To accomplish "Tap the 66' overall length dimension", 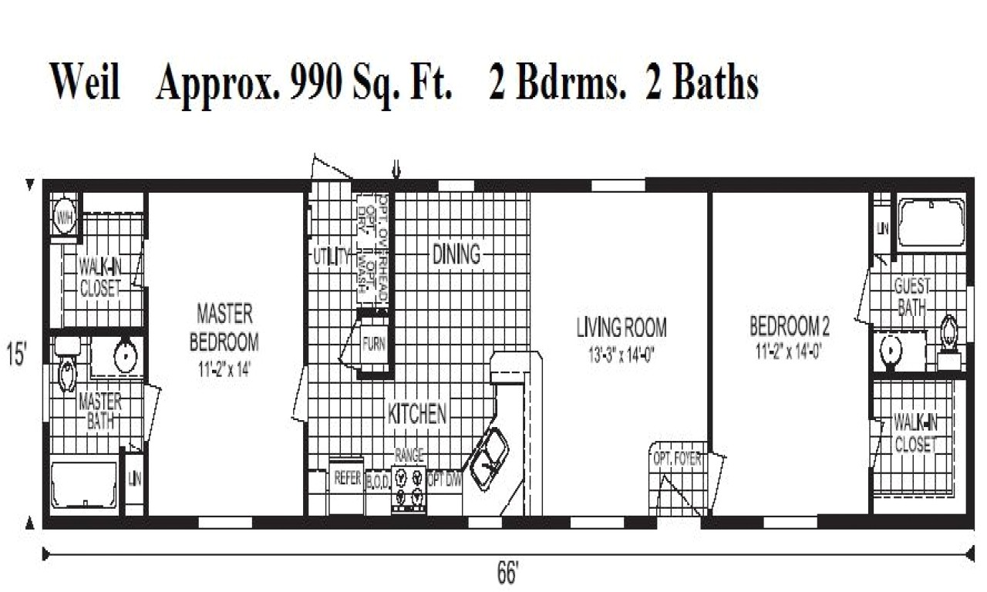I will (507, 574).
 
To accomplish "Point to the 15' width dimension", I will (17, 357).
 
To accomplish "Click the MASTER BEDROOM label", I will (224, 327).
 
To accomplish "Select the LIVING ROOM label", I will (622, 328).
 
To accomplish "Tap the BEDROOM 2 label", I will (790, 328).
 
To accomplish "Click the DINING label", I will (456, 254).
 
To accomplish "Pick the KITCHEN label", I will (416, 414).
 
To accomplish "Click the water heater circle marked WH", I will (64, 217).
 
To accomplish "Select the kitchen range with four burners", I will (409, 489).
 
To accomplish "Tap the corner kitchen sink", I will (489, 456).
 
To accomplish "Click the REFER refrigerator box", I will (348, 478).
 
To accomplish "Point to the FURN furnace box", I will (374, 345).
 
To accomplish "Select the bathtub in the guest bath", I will (931, 224).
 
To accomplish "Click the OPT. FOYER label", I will (677, 459).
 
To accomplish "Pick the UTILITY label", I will (332, 257).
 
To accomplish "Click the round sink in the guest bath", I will (891, 351).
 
